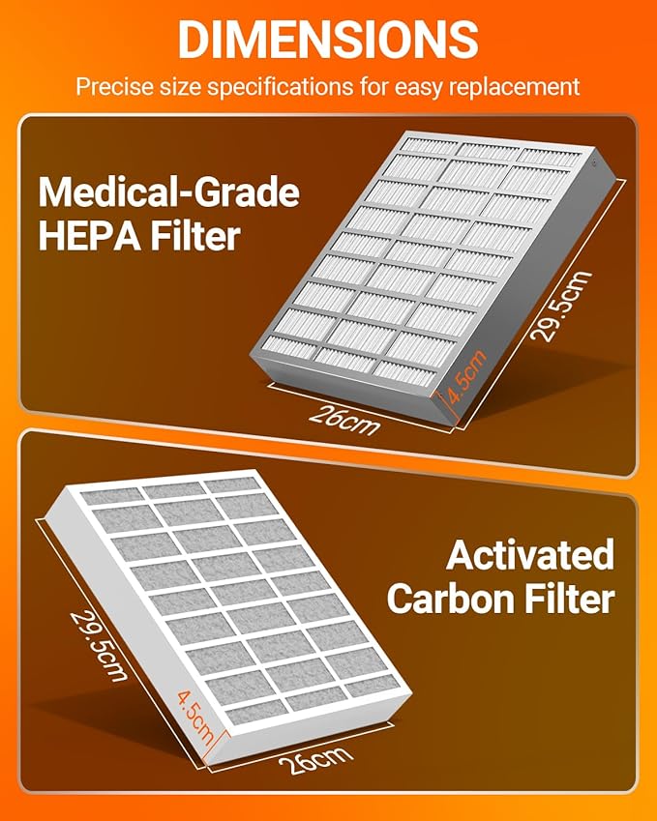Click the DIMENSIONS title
coord(328,39)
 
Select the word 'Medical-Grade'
coord(168,193)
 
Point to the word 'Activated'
coord(529,556)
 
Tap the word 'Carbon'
coord(452,599)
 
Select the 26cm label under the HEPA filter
coord(344,419)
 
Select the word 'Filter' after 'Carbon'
coord(570,599)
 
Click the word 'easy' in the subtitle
coord(409,86)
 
